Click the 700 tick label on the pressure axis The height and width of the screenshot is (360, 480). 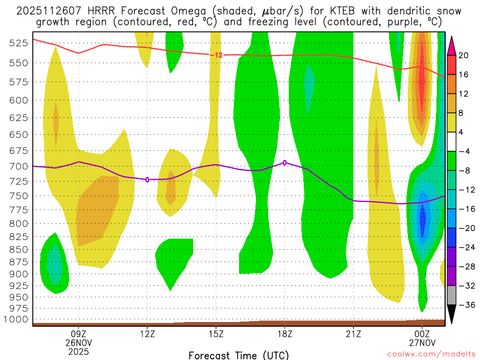(x=18, y=166)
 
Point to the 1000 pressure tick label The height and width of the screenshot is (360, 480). (x=16, y=319)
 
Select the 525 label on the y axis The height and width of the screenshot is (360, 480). (x=18, y=43)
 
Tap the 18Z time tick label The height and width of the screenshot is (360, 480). (x=285, y=334)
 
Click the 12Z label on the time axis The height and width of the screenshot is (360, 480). (x=147, y=334)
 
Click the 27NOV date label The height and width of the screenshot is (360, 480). (x=422, y=343)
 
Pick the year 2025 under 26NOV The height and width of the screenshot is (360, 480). (x=78, y=351)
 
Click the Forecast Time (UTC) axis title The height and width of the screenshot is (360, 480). (x=239, y=355)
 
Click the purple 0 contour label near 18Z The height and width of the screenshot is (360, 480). (x=285, y=163)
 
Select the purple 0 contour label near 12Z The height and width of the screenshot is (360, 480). (x=147, y=180)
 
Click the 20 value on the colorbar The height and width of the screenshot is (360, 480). (x=463, y=55)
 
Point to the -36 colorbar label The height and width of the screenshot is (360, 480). (x=463, y=305)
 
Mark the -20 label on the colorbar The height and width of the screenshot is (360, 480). (x=463, y=228)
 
